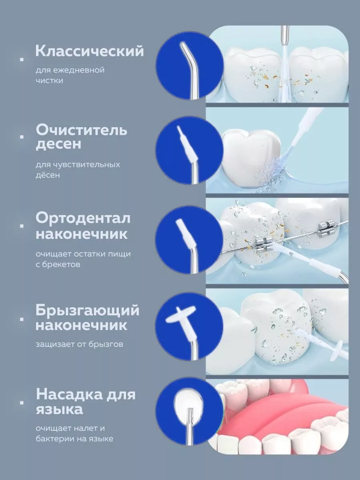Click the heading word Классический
tap(89, 51)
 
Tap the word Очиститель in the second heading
tap(82, 130)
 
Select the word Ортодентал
tap(83, 218)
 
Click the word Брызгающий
tap(87, 310)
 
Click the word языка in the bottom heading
tap(59, 409)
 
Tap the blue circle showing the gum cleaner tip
tap(189, 150)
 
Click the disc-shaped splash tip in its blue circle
tap(178, 316)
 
